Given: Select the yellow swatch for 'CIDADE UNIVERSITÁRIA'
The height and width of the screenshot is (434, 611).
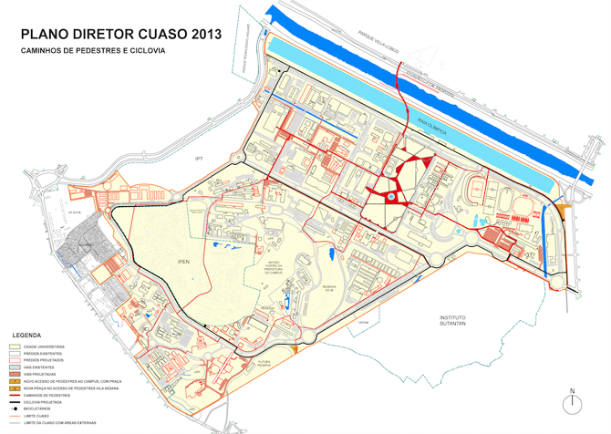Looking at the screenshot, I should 15,346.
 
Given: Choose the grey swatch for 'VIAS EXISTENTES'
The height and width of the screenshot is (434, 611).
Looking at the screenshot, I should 15,367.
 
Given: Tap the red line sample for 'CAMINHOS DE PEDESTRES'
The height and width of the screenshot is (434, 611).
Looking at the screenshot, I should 15,395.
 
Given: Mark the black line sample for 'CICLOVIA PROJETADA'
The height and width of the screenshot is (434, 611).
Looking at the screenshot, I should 15,402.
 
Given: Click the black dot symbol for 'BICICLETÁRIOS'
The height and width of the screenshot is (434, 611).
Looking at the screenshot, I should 15,409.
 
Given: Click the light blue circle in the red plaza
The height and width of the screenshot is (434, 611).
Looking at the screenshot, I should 390,196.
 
